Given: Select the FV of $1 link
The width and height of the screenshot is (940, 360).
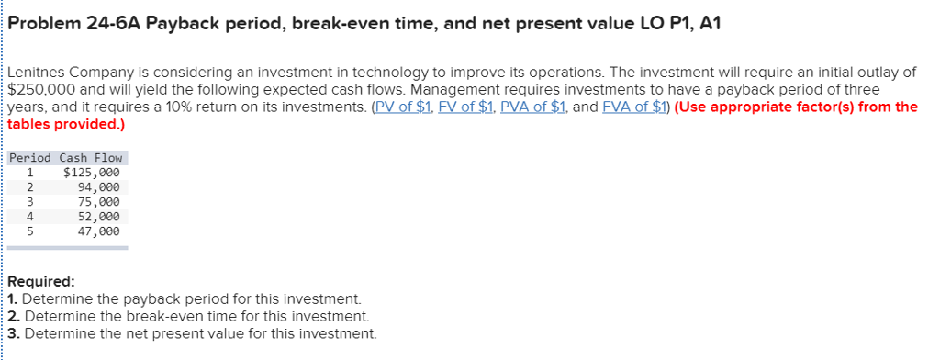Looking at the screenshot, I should [x=461, y=107].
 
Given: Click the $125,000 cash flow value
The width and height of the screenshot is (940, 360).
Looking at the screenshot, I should [x=90, y=172].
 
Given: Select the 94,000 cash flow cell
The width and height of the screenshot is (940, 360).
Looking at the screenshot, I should [x=98, y=186].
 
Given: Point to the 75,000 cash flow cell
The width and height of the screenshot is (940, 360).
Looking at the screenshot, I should [x=98, y=201].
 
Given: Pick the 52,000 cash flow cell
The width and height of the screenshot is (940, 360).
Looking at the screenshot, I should [x=98, y=216].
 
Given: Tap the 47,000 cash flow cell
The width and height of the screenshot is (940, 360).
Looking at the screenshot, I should [x=98, y=231].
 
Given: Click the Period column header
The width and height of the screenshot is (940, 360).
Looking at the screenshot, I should [x=30, y=158].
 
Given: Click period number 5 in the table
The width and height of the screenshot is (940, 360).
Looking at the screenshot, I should [x=30, y=231].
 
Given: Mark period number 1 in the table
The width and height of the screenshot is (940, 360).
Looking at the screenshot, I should [x=30, y=172].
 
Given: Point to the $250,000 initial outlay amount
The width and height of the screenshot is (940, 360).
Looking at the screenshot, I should [x=39, y=89].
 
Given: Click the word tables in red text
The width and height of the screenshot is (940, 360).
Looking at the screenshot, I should [x=30, y=123].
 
